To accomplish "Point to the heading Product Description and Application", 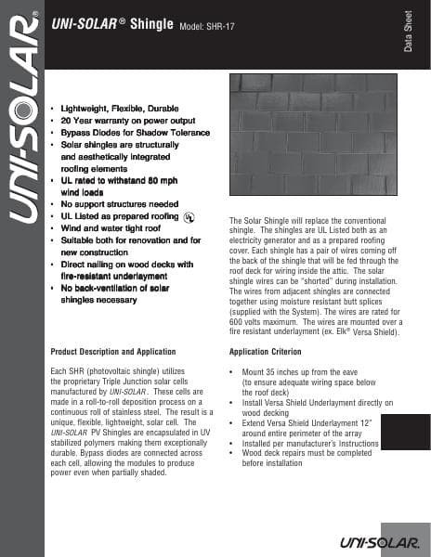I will (x=112, y=352).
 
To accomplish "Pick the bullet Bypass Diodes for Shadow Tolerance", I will (x=135, y=134).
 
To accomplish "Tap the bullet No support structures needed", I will (x=119, y=203).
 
